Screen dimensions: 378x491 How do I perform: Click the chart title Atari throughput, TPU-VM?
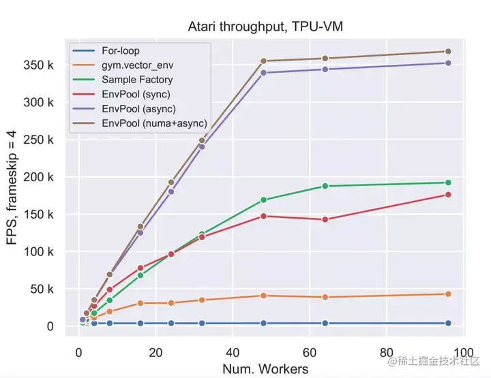coord(270,26)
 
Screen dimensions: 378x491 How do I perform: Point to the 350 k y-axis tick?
coord(40,65)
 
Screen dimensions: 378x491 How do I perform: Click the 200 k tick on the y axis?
coord(40,177)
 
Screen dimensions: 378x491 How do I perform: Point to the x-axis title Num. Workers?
coord(265,369)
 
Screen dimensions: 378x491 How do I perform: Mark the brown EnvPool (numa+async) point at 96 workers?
coord(448,52)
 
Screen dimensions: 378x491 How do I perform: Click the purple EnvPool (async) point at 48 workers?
coord(263,72)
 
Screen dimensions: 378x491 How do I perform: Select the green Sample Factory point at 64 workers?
coord(325,186)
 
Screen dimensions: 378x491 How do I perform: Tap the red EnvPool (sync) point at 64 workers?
coord(325,219)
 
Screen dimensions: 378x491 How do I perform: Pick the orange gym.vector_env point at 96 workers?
coord(448,294)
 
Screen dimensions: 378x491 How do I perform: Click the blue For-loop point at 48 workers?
coord(263,323)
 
